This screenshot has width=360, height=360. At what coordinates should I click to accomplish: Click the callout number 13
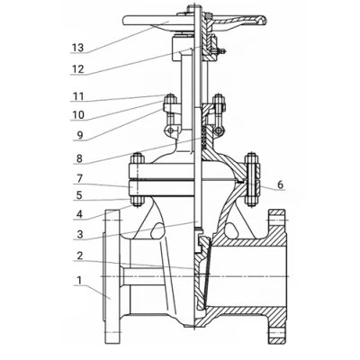(x=77, y=48)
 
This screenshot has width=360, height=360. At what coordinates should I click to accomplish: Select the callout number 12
(x=77, y=69)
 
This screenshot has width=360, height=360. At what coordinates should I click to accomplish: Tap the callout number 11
(x=78, y=96)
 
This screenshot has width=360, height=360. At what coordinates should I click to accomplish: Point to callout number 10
(x=78, y=115)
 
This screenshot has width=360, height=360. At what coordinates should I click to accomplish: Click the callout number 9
(x=79, y=136)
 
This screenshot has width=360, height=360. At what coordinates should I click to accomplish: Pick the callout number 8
(x=79, y=158)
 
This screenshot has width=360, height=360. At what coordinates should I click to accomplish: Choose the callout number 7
(x=79, y=179)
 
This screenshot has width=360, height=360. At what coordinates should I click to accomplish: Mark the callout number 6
(x=280, y=184)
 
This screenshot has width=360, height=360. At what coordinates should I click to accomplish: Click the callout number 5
(x=79, y=195)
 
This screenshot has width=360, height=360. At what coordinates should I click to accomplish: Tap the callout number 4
(x=79, y=214)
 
